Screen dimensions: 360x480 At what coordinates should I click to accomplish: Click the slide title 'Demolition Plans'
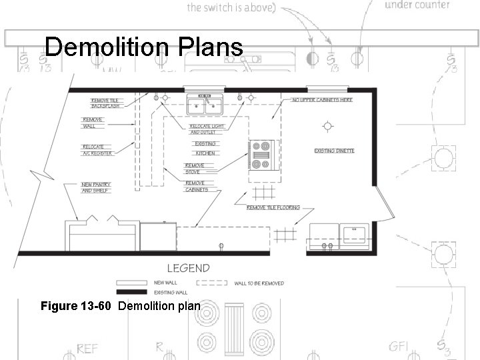(143, 48)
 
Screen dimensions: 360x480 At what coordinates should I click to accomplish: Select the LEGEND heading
(188, 269)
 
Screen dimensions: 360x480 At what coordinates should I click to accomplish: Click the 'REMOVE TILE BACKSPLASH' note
(105, 103)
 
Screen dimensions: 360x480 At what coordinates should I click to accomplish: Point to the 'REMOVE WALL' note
(93, 123)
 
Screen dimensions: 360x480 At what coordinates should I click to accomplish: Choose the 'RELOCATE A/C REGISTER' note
(97, 150)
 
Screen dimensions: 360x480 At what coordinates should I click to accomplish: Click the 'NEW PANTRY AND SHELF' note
(96, 187)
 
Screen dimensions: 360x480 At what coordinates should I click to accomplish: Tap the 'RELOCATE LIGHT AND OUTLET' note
(207, 129)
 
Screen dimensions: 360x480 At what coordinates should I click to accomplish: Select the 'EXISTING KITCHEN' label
(205, 148)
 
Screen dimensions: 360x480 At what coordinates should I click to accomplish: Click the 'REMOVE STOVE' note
(195, 169)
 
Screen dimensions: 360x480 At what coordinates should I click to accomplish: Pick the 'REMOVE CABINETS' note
(197, 186)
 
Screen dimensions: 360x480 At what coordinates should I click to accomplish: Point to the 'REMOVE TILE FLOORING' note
(273, 207)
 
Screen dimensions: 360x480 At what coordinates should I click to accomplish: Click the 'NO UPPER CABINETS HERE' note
(323, 100)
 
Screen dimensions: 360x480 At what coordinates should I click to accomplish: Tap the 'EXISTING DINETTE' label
(334, 151)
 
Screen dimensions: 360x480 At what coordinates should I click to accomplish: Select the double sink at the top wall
(205, 105)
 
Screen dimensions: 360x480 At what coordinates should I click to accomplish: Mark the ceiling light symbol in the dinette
(327, 125)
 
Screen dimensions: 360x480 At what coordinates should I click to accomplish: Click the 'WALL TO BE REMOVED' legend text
(259, 283)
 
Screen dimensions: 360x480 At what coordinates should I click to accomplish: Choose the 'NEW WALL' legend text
(164, 282)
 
